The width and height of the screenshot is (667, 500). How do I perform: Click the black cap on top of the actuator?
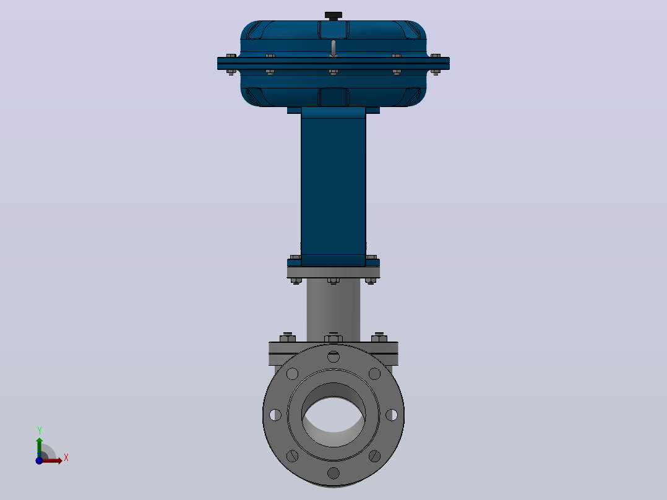[333, 15]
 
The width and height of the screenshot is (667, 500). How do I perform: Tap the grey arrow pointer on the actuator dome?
[333, 48]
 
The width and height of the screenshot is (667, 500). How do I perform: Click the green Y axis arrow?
[40, 447]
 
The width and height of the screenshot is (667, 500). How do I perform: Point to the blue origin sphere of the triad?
[39, 460]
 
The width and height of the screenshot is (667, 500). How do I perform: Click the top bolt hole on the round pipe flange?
[333, 356]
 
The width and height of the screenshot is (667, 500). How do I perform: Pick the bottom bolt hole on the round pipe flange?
[333, 473]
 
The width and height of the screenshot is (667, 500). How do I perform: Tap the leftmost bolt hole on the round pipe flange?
[275, 415]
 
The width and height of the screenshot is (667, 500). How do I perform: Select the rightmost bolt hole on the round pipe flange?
[392, 415]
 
